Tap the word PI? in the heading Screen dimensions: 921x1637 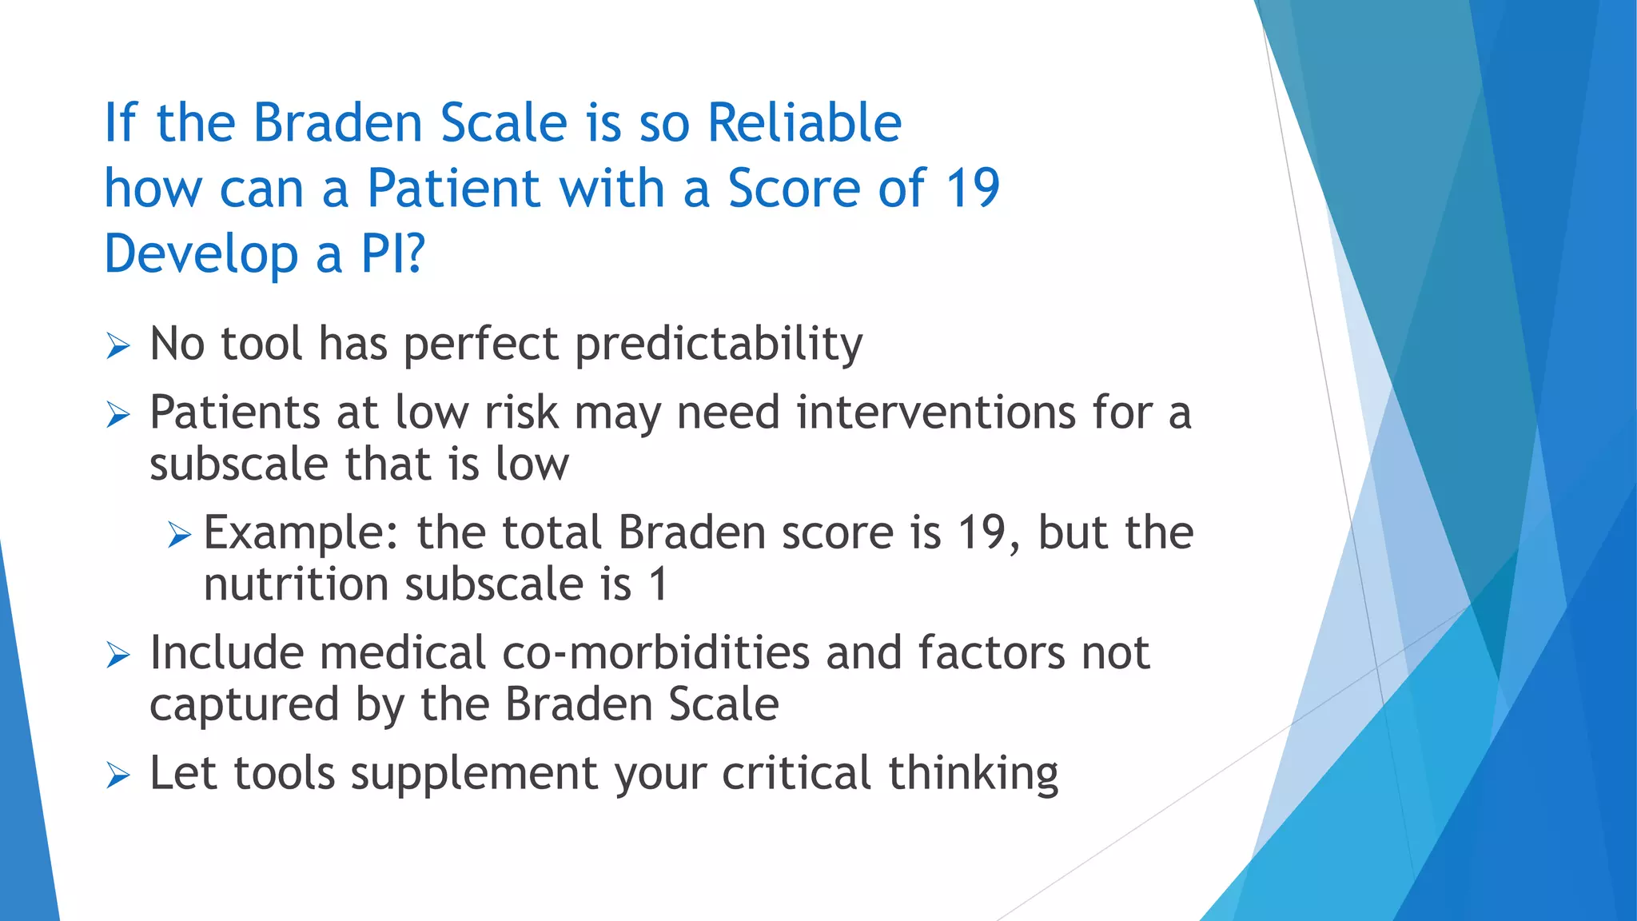pyautogui.click(x=392, y=254)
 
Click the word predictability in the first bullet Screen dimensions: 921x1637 pyautogui.click(x=719, y=345)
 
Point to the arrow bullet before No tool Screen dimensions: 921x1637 pyautogui.click(x=117, y=347)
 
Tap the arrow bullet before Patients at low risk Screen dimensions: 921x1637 pyautogui.click(x=117, y=416)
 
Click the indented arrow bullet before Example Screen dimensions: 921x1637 pyautogui.click(x=180, y=535)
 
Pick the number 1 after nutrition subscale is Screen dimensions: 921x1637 pyautogui.click(x=659, y=584)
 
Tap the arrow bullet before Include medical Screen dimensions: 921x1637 pyautogui.click(x=117, y=656)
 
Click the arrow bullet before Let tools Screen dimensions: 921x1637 pyautogui.click(x=117, y=775)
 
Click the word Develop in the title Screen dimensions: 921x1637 pyautogui.click(x=201, y=254)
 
